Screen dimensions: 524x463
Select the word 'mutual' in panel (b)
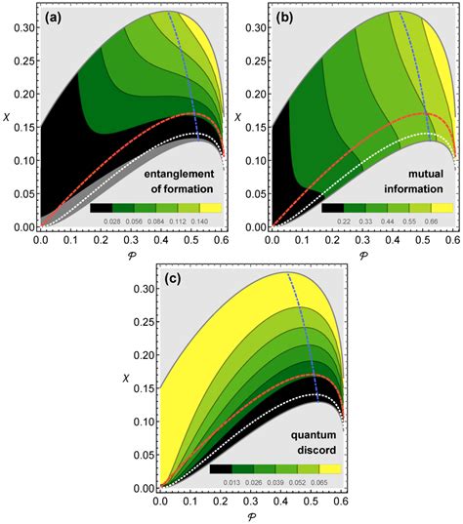[423, 176]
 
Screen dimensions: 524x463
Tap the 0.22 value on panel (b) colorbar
[346, 222]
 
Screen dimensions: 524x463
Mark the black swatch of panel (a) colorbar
[102, 208]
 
